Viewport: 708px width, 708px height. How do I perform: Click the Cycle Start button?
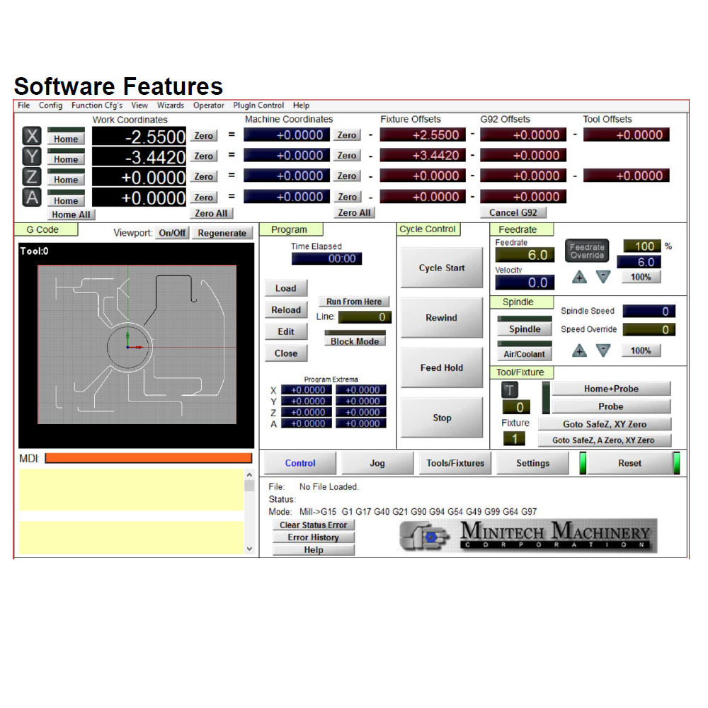tap(442, 268)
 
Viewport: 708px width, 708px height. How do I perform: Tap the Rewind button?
tap(442, 318)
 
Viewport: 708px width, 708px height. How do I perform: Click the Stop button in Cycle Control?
tap(442, 418)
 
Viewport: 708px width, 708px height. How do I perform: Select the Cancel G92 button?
tap(513, 212)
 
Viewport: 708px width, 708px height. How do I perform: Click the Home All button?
tap(71, 215)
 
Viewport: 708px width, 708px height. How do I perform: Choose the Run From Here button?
tap(354, 302)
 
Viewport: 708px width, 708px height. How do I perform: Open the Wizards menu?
tap(170, 105)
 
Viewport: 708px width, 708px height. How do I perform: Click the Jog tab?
tap(377, 463)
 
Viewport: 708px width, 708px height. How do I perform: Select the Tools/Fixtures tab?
tap(455, 463)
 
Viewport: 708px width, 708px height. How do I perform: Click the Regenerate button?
tap(222, 233)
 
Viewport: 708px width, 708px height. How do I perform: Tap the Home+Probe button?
tap(611, 389)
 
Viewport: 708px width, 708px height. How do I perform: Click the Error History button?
tap(314, 537)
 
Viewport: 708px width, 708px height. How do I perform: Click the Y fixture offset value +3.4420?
tap(423, 155)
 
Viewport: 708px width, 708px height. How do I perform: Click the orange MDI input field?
tap(149, 458)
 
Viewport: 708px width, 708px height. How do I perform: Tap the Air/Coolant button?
tap(524, 354)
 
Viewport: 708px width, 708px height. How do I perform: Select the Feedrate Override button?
tap(587, 251)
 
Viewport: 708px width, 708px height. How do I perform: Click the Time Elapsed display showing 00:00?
tap(327, 258)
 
